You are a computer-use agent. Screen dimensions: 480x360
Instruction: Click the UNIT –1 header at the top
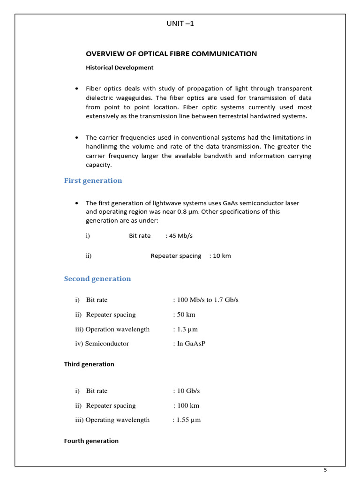pyautogui.click(x=180, y=24)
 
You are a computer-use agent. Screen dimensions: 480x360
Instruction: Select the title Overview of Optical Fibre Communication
pyautogui.click(x=171, y=54)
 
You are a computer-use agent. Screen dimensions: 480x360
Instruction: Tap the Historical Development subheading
pyautogui.click(x=120, y=67)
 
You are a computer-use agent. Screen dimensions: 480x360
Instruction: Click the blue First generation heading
pyautogui.click(x=93, y=180)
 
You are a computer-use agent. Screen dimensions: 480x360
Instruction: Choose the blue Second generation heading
pyautogui.click(x=97, y=278)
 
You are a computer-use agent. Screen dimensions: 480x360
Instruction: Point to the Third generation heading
pyautogui.click(x=89, y=364)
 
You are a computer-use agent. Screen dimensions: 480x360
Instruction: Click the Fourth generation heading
pyautogui.click(x=91, y=441)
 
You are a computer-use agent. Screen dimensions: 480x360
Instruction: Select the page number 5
pyautogui.click(x=325, y=470)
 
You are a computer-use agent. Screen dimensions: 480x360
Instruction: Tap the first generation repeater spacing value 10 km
pyautogui.click(x=221, y=256)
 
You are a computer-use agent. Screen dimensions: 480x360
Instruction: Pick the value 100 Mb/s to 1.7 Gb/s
pyautogui.click(x=207, y=300)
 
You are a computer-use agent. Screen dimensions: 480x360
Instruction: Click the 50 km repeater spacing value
pyautogui.click(x=185, y=315)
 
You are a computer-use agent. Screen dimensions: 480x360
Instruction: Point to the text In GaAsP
pyautogui.click(x=191, y=344)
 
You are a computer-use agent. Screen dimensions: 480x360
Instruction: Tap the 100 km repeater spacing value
pyautogui.click(x=187, y=405)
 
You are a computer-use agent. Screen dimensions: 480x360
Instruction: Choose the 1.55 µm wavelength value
pyautogui.click(x=188, y=420)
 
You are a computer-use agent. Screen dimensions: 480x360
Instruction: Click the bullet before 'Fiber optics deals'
pyautogui.click(x=77, y=89)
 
